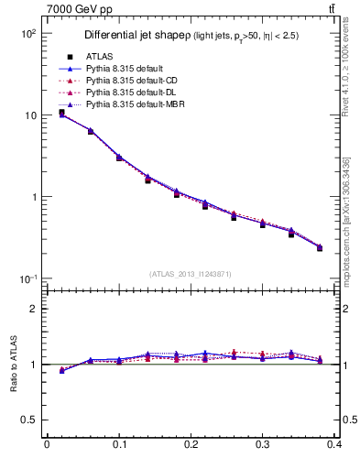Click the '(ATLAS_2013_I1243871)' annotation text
[x=191, y=274]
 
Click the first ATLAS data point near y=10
[x=61, y=113]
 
